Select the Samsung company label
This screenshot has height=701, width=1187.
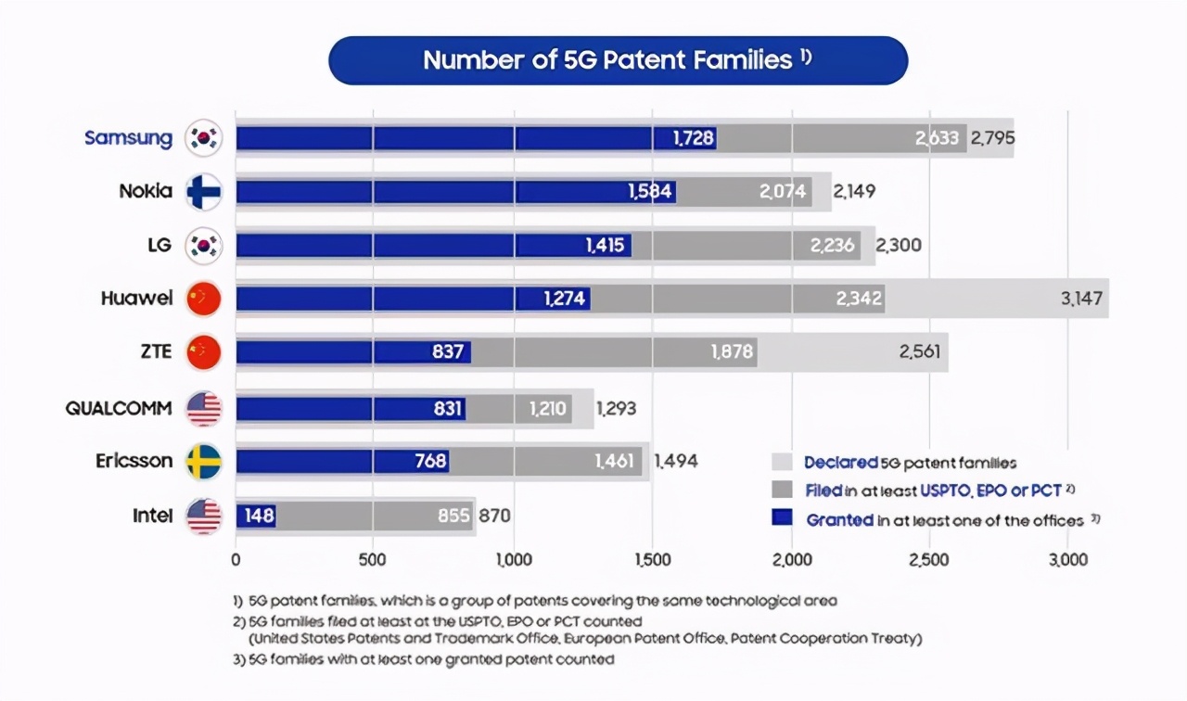[128, 138]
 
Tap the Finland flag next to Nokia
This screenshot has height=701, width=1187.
[204, 192]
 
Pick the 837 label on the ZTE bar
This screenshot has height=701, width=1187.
[448, 352]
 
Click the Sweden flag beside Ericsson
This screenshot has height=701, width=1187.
[204, 462]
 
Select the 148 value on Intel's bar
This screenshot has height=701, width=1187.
[260, 516]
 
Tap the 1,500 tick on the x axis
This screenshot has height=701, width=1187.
[652, 560]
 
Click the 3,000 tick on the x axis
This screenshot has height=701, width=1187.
[1067, 560]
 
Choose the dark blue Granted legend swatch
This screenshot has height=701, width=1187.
[782, 519]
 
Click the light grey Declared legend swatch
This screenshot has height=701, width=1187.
[782, 462]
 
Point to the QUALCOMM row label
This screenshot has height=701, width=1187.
[119, 408]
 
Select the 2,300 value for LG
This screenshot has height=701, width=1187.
[899, 246]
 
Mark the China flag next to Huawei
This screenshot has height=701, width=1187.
[204, 299]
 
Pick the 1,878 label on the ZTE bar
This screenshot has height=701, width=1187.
[732, 352]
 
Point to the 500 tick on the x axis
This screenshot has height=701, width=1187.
[372, 560]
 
